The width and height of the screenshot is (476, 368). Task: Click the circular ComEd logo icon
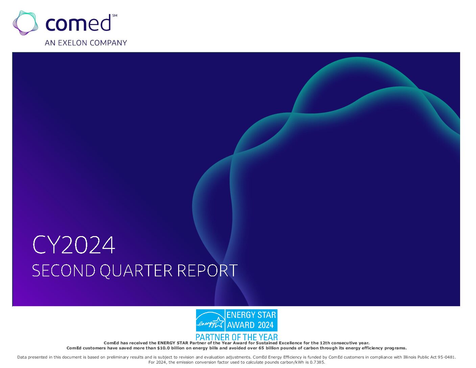25,23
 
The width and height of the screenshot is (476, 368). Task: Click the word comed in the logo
78,23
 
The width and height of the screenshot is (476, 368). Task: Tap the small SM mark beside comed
115,16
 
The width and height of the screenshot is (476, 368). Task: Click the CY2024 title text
74,245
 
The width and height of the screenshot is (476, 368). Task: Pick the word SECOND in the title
64,271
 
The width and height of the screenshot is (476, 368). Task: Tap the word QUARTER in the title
136,271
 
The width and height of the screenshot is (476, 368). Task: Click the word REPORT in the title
207,271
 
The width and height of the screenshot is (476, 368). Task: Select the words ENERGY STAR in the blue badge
251,315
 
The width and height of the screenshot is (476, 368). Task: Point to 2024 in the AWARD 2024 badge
266,325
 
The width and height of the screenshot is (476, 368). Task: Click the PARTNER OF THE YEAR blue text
237,337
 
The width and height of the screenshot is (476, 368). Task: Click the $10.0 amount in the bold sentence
163,348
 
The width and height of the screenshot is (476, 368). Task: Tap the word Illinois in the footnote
410,357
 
